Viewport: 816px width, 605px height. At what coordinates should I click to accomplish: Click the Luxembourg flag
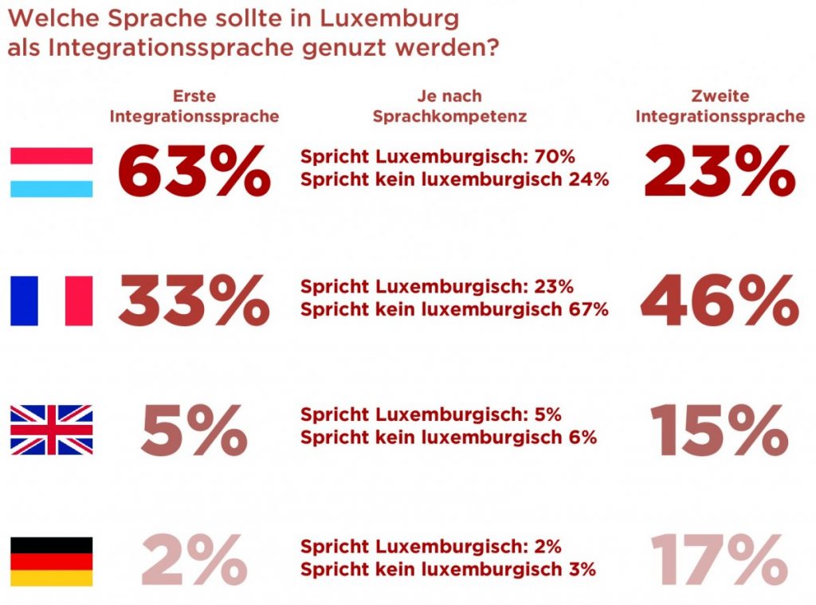(51, 172)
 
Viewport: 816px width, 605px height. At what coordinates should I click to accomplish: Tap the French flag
(51, 301)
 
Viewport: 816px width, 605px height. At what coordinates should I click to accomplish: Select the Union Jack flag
(51, 430)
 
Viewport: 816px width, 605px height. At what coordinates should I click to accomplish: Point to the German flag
(51, 561)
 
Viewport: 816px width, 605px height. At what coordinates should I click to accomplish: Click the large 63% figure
(194, 172)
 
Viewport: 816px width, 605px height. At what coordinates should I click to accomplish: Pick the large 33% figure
(194, 301)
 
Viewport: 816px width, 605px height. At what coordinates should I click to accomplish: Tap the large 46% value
(719, 301)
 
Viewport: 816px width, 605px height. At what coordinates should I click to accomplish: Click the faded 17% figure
(719, 560)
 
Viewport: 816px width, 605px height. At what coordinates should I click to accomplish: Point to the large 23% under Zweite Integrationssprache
(719, 172)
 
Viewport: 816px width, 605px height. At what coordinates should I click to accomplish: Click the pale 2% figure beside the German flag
(194, 560)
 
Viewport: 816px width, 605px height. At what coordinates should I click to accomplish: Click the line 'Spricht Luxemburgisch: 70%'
(437, 156)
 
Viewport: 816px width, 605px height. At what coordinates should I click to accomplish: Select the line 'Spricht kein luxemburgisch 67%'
(454, 309)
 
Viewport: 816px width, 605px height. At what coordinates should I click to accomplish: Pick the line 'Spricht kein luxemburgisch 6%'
(449, 437)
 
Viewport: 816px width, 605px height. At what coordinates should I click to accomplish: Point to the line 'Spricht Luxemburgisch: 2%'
(431, 547)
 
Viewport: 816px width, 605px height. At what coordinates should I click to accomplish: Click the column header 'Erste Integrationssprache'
(194, 106)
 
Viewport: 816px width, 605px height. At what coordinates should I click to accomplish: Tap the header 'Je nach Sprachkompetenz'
(449, 106)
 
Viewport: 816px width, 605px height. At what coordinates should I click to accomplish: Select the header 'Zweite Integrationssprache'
(720, 106)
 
